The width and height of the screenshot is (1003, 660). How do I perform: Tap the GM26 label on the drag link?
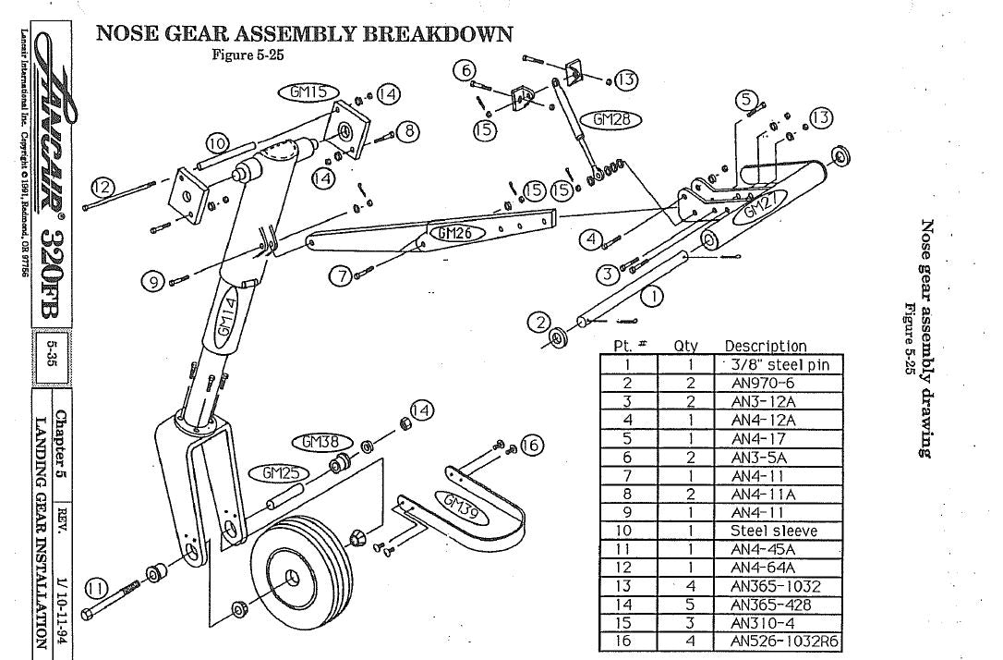(x=455, y=234)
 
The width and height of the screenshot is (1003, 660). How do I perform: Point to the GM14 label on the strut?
(x=228, y=319)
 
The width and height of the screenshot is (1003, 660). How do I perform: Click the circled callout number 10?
(x=217, y=143)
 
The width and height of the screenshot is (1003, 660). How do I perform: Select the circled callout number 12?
(x=103, y=187)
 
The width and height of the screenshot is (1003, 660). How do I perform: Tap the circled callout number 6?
(x=467, y=70)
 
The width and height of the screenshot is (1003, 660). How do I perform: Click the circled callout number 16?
(x=529, y=446)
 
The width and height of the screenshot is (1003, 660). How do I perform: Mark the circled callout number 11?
(x=96, y=585)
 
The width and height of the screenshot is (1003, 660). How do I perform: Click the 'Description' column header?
(x=766, y=347)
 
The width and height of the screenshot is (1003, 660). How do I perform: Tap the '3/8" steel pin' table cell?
(x=780, y=364)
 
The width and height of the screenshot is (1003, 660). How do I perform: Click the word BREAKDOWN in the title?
(x=437, y=34)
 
